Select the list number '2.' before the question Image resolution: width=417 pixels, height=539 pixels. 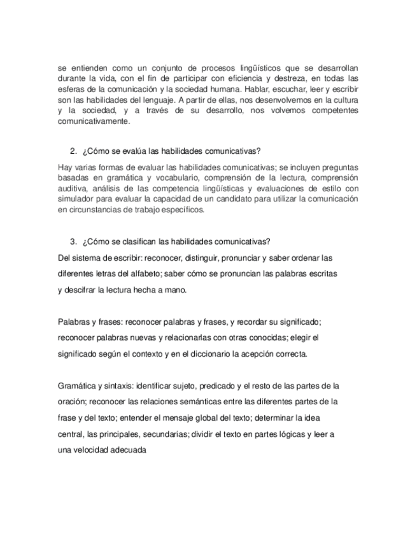pos(72,151)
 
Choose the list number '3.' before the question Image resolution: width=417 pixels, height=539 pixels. pos(72,241)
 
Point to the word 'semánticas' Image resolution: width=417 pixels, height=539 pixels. pos(208,402)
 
